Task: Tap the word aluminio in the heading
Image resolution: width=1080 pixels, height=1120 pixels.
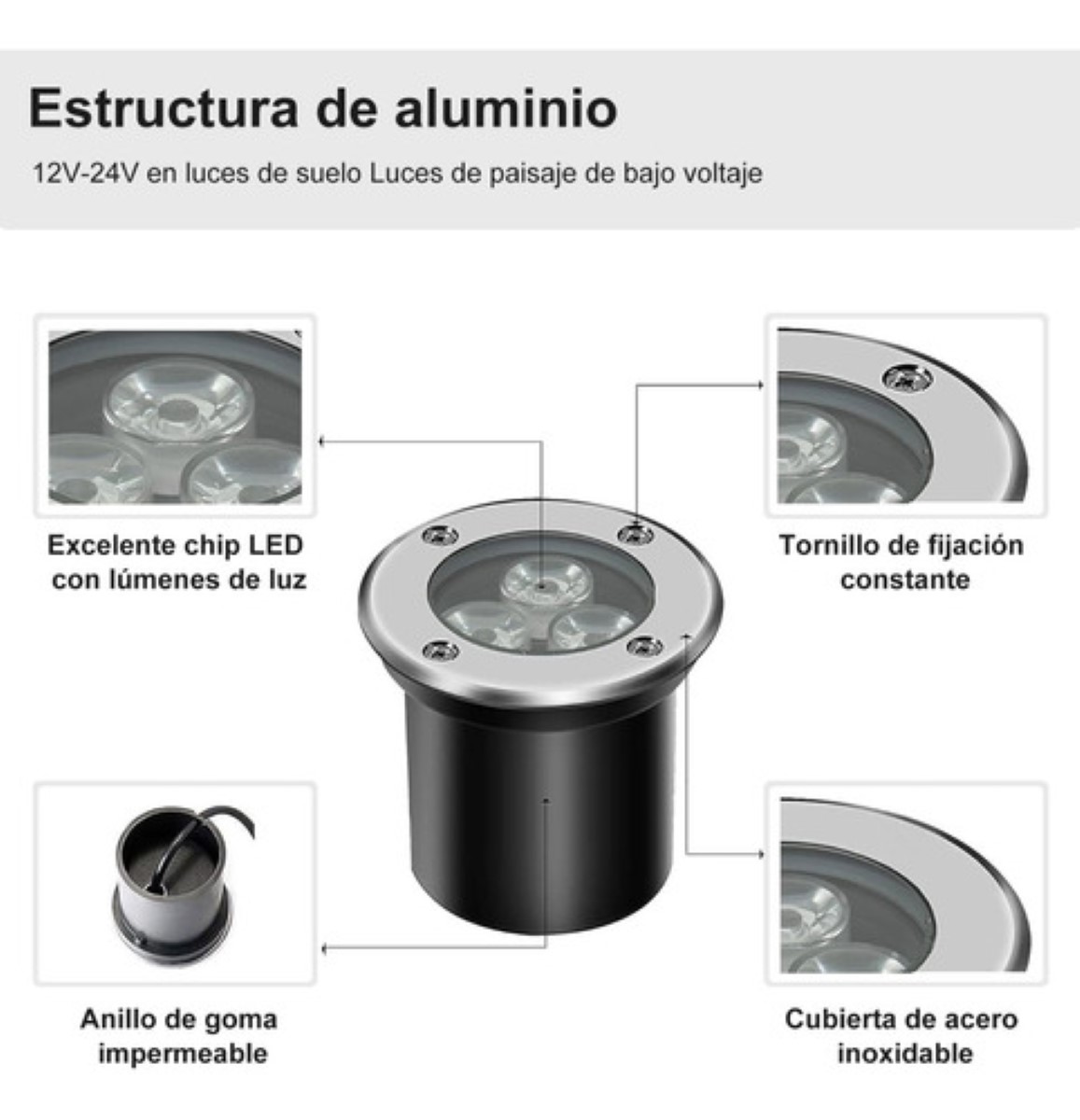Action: pos(504,109)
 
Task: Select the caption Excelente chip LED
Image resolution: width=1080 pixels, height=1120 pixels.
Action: pos(175,545)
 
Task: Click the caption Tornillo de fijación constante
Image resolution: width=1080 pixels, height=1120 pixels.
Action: pos(902,562)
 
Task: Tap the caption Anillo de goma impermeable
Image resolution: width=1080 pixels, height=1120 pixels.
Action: pos(179,1036)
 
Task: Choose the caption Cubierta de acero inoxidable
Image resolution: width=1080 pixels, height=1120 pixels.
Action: pos(902,1036)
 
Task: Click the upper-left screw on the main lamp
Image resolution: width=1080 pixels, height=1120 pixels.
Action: pos(439,536)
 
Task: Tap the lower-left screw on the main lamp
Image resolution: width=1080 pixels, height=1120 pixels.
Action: pos(440,651)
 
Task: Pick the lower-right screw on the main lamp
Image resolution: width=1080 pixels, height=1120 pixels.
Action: pos(644,646)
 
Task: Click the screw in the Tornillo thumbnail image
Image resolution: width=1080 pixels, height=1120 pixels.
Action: pos(906,378)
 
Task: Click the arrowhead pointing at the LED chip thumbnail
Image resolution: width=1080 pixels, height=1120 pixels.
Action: pos(323,441)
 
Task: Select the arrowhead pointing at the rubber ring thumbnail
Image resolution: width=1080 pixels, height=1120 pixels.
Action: pos(324,949)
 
